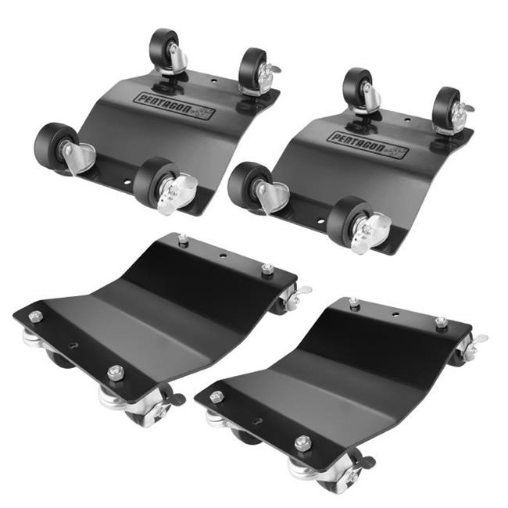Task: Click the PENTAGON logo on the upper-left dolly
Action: [x=176, y=106]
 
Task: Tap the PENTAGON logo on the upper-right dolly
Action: [x=368, y=145]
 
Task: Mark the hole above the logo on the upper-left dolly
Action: [x=213, y=79]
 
